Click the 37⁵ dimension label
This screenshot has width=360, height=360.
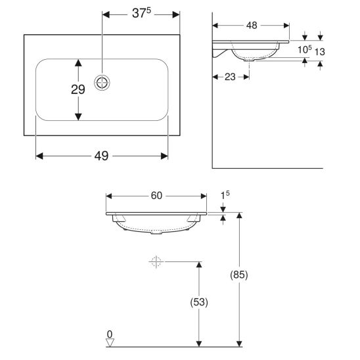[x=141, y=13]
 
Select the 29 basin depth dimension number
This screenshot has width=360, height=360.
[x=78, y=89]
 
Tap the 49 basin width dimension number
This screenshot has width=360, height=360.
[x=101, y=156]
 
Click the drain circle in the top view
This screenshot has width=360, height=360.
[x=102, y=82]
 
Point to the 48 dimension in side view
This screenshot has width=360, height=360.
[x=252, y=26]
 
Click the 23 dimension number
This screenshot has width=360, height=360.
[x=230, y=77]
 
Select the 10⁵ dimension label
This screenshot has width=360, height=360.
[x=305, y=49]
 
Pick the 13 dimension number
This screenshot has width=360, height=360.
[x=319, y=52]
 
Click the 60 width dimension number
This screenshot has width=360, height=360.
[x=156, y=196]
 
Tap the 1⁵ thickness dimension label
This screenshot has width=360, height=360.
[x=225, y=195]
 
